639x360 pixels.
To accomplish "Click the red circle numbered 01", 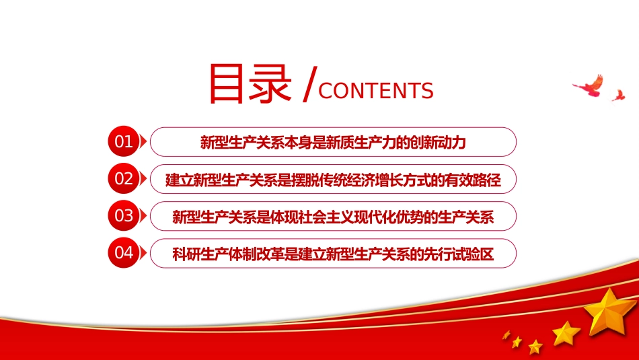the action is [x=124, y=141].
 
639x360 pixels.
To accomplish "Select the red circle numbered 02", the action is [x=124, y=178].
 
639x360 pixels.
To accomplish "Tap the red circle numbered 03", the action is [x=124, y=216].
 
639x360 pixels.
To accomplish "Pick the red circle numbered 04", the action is [x=124, y=253].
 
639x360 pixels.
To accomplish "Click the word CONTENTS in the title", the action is [x=376, y=91].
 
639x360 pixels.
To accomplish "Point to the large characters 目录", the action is [x=250, y=83].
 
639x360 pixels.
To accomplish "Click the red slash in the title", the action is [x=309, y=85].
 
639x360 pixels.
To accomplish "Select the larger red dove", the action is [x=589, y=85].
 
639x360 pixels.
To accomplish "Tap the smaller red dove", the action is [x=618, y=96].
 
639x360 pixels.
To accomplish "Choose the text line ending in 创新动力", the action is [x=333, y=142].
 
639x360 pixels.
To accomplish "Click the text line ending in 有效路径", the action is [x=333, y=180].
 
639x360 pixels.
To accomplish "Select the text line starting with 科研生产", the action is [x=333, y=254].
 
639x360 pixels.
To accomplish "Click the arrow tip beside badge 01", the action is [x=147, y=142].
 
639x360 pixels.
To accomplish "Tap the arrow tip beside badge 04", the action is [x=147, y=253].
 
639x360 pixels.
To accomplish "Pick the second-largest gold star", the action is [x=566, y=333].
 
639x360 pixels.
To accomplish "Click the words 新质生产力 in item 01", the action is [x=361, y=142].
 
